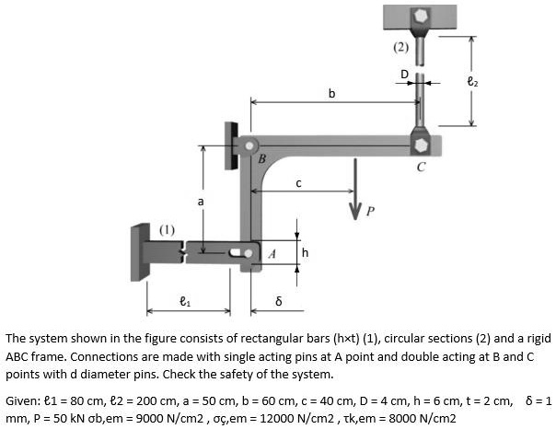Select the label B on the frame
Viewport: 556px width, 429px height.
point(262,159)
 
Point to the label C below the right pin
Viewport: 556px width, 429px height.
point(421,168)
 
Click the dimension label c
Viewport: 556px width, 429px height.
point(297,183)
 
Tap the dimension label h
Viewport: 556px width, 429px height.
point(306,251)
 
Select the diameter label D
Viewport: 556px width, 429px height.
point(402,74)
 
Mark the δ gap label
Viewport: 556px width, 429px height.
point(278,301)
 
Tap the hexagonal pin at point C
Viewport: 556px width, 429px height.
point(421,145)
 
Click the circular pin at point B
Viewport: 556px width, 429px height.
point(249,145)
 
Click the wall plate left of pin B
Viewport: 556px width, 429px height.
point(229,145)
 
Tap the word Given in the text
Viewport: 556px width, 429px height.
point(22,401)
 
